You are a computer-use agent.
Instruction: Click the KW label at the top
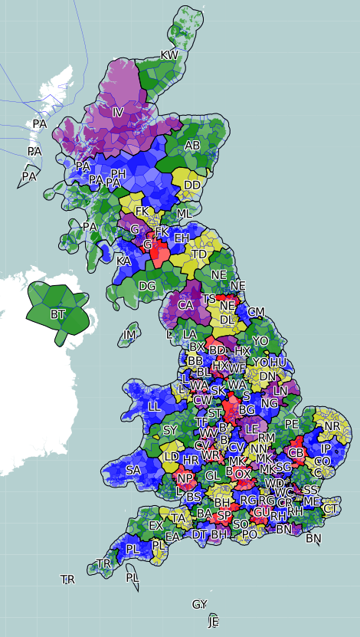pyautogui.click(x=169, y=55)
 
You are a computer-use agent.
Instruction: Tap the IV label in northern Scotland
pyautogui.click(x=117, y=113)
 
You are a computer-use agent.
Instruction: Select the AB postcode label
pyautogui.click(x=192, y=146)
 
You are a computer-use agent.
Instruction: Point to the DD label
pyautogui.click(x=192, y=185)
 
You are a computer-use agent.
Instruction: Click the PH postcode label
pyautogui.click(x=118, y=174)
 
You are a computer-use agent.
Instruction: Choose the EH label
pyautogui.click(x=182, y=238)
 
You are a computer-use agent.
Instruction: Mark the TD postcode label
pyautogui.click(x=199, y=254)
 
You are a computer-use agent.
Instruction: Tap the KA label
pyautogui.click(x=123, y=261)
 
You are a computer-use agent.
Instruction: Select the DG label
pyautogui.click(x=148, y=286)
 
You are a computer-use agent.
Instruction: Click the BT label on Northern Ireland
pyautogui.click(x=57, y=314)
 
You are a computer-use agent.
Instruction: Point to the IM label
pyautogui.click(x=130, y=335)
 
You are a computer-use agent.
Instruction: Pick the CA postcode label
pyautogui.click(x=185, y=305)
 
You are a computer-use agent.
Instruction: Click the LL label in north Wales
pyautogui.click(x=155, y=406)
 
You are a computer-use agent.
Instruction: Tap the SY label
pyautogui.click(x=170, y=430)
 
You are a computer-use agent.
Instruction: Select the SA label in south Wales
pyautogui.click(x=133, y=470)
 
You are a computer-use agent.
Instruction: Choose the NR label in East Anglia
pyautogui.click(x=332, y=425)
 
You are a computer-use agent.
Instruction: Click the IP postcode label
pyautogui.click(x=326, y=448)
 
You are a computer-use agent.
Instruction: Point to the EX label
pyautogui.click(x=156, y=526)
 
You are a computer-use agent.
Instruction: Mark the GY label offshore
pyautogui.click(x=199, y=605)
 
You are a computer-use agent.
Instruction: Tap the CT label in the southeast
pyautogui.click(x=331, y=508)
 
